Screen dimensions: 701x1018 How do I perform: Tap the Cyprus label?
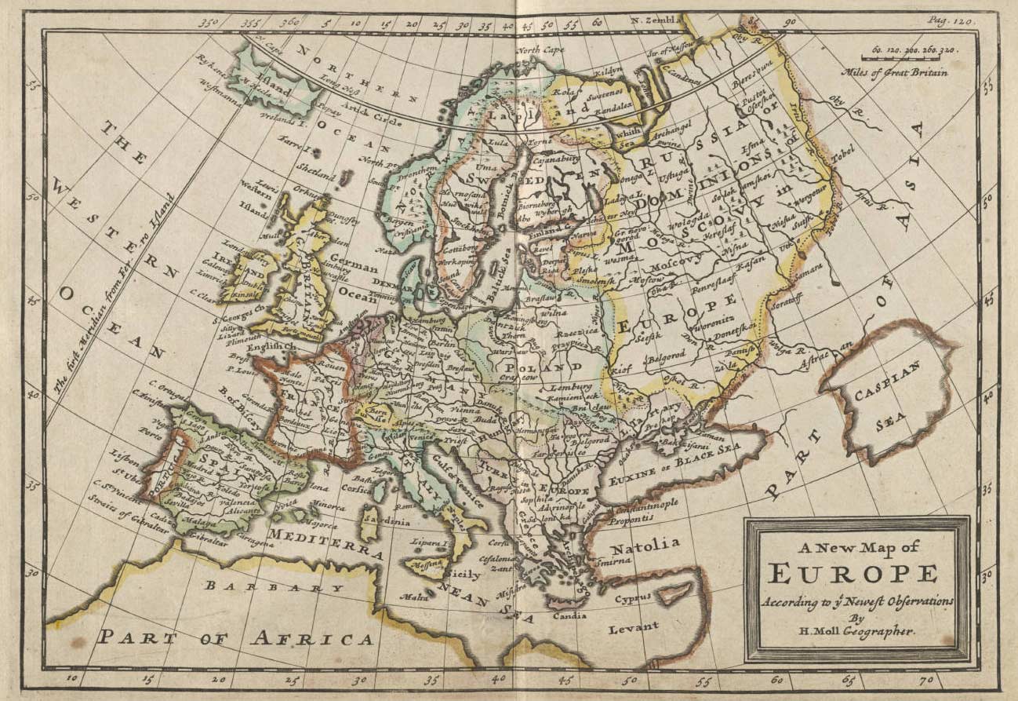[x=633, y=598]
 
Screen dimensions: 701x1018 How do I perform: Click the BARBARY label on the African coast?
[x=274, y=586]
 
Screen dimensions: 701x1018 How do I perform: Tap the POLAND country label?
[x=534, y=367]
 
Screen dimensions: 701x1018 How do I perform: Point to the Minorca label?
[x=329, y=507]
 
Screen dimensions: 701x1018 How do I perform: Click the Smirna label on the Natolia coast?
[x=612, y=560]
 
